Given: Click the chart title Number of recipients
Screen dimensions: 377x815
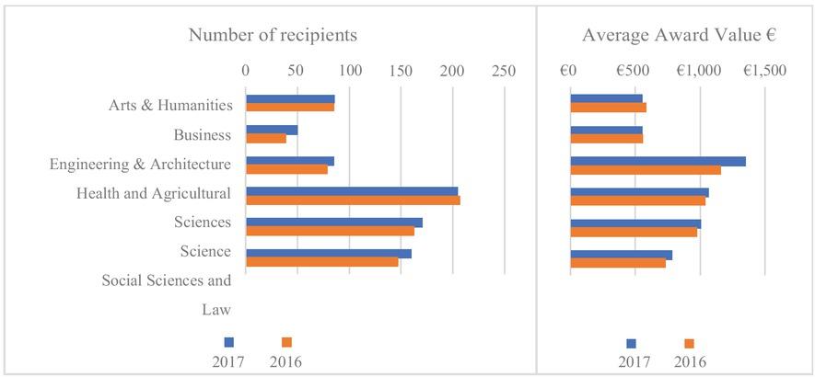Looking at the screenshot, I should pyautogui.click(x=273, y=35).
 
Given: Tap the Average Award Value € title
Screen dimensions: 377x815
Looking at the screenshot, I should pyautogui.click(x=680, y=35).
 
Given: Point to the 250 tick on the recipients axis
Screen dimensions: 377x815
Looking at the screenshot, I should pyautogui.click(x=503, y=70).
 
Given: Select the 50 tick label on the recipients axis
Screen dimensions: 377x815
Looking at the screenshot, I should pyautogui.click(x=297, y=70).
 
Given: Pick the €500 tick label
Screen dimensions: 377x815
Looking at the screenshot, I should pyautogui.click(x=635, y=70).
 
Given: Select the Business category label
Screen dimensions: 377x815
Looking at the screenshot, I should pyautogui.click(x=201, y=135).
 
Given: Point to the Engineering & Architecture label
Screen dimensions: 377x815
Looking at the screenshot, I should pyautogui.click(x=139, y=165).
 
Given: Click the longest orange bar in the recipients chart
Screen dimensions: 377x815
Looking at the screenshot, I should pyautogui.click(x=353, y=200).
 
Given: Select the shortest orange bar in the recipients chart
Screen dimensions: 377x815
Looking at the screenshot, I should pyautogui.click(x=266, y=139).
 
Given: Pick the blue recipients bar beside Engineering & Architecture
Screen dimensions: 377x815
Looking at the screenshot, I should pyautogui.click(x=290, y=161).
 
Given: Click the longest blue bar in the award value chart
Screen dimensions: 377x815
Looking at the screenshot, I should pyautogui.click(x=658, y=161).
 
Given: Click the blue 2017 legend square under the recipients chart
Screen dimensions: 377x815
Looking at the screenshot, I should pyautogui.click(x=229, y=343).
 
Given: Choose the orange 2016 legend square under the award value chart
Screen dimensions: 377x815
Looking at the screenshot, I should pyautogui.click(x=687, y=343).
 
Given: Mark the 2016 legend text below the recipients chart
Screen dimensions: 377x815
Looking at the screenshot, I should pyautogui.click(x=285, y=361).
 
